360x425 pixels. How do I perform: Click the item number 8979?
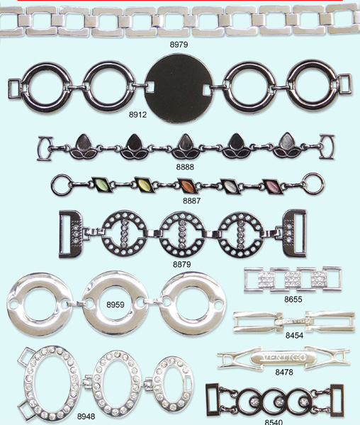click(x=179, y=45)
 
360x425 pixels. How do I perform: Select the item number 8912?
click(x=137, y=115)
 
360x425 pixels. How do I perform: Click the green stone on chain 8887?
click(x=102, y=184)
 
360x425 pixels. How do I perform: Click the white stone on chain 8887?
click(x=230, y=186)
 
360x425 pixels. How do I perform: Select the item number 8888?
click(x=185, y=167)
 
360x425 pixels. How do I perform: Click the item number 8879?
click(x=182, y=264)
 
